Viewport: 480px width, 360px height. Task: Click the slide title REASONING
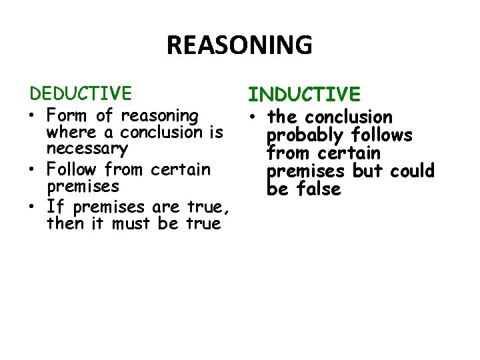[x=239, y=45]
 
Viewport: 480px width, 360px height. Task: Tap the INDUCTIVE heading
[x=304, y=94]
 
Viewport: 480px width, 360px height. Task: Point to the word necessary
[x=87, y=149]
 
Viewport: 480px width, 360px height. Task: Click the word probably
[x=305, y=136]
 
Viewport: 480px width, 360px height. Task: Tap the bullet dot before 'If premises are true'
[x=33, y=207]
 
